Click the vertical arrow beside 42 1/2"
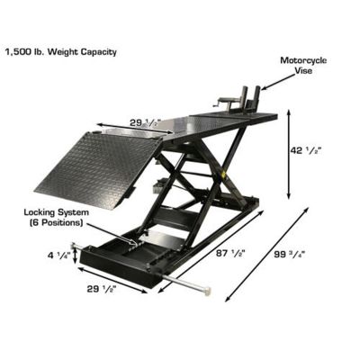[289, 153]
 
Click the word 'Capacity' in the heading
[96, 51]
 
